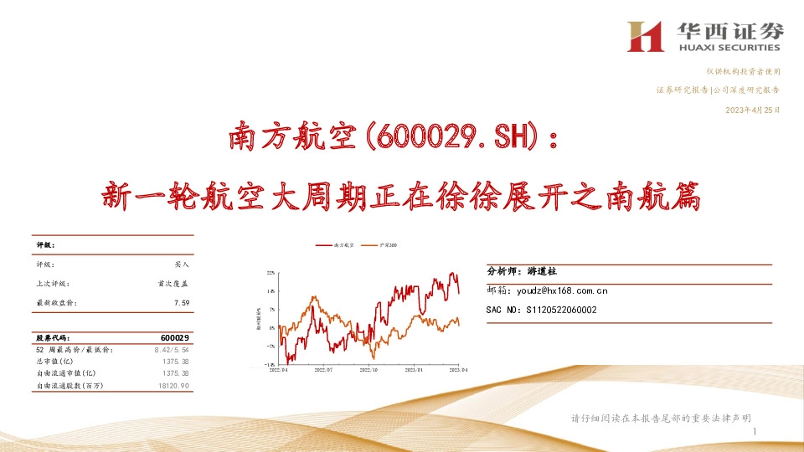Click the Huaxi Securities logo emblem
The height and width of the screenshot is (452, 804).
tap(646, 35)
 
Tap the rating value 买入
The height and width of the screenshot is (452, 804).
tap(182, 264)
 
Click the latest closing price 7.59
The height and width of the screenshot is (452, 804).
tap(182, 303)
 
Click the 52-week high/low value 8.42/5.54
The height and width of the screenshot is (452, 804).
tap(173, 349)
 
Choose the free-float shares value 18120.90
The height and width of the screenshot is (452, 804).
tap(172, 385)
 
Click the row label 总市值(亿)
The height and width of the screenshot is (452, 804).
tap(54, 361)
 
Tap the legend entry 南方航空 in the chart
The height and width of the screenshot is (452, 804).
tap(344, 245)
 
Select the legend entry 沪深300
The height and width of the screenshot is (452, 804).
tap(388, 245)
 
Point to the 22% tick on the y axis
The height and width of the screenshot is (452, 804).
tap(271, 273)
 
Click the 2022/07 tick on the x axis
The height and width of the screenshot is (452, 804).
tap(323, 368)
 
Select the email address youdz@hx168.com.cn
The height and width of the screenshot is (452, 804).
tap(562, 290)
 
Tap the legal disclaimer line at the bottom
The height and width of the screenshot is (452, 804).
tap(660, 418)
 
